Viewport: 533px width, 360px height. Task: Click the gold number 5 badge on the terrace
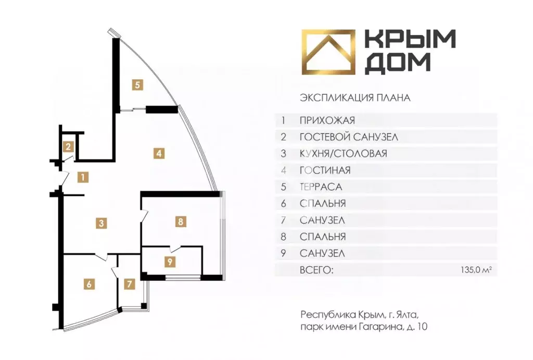click(x=137, y=85)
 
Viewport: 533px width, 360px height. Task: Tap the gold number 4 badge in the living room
click(x=159, y=153)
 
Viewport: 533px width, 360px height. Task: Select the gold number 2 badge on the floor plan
click(x=68, y=146)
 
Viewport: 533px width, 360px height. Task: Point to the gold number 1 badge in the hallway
click(x=83, y=177)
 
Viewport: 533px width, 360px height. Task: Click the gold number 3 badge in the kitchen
click(x=101, y=223)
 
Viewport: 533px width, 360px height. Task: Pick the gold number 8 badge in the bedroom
click(x=181, y=222)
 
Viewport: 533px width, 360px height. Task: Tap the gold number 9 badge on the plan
click(x=170, y=262)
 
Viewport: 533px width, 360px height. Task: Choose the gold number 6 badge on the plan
click(x=89, y=284)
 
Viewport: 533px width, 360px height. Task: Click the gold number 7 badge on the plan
click(x=129, y=284)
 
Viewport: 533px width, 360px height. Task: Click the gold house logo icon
click(x=328, y=52)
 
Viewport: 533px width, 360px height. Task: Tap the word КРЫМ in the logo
click(x=410, y=39)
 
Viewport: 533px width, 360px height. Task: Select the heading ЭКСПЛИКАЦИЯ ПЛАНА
click(x=355, y=98)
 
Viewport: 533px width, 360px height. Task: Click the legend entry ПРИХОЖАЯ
click(x=327, y=120)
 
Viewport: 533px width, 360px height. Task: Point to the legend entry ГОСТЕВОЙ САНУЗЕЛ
click(x=349, y=137)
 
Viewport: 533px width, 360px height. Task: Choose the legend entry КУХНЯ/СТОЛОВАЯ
click(x=344, y=154)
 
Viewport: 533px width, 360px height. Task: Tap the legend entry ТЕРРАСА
click(x=321, y=187)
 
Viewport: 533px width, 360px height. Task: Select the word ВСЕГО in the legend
click(x=316, y=270)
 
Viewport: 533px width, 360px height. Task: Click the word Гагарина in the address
click(x=380, y=327)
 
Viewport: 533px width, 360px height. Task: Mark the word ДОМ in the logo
click(x=398, y=63)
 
